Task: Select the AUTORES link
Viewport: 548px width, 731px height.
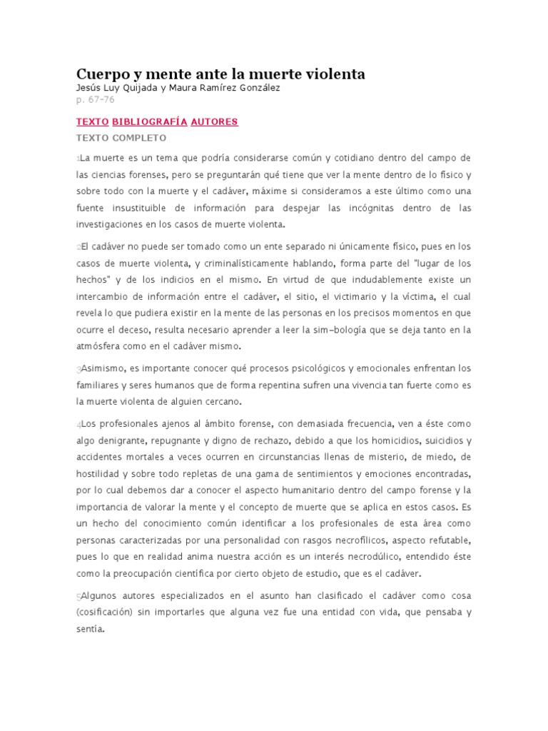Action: click(x=214, y=121)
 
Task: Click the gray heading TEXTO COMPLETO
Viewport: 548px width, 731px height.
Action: click(x=121, y=137)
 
